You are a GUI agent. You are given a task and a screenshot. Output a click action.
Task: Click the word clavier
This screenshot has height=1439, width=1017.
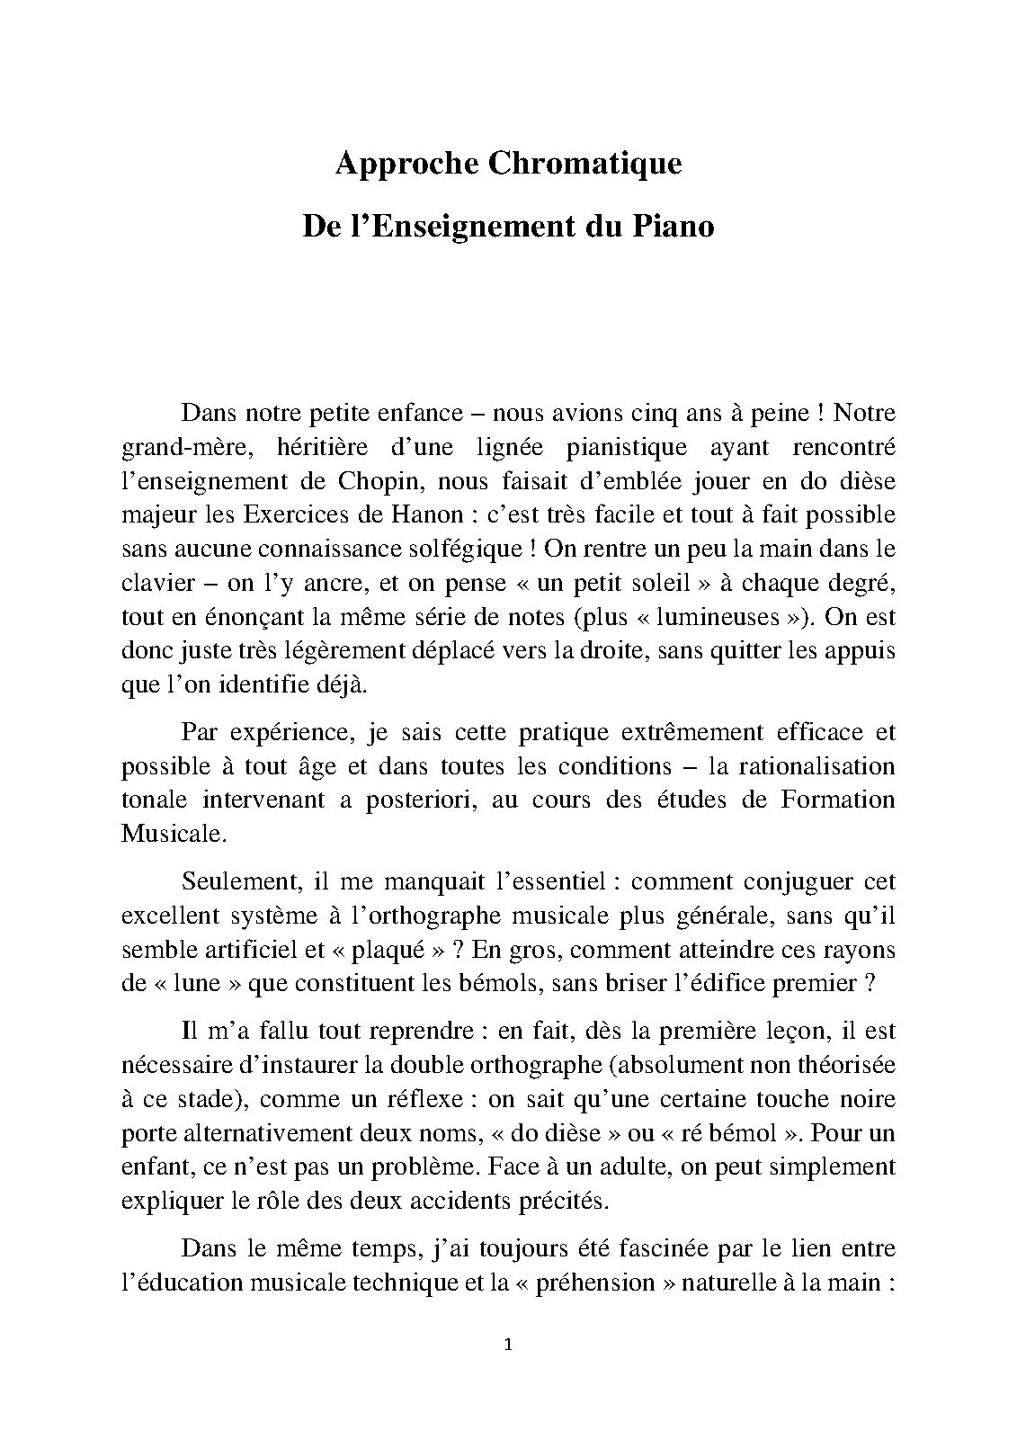click(x=158, y=583)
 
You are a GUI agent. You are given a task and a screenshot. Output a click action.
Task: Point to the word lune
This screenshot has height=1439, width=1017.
click(x=197, y=983)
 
